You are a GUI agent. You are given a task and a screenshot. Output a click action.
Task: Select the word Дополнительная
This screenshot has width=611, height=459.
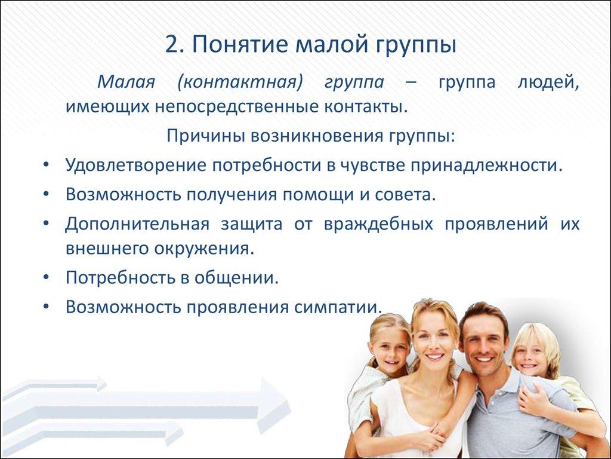pyautogui.click(x=137, y=223)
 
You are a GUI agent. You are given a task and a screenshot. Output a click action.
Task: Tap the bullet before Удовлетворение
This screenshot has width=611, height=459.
pyautogui.click(x=47, y=166)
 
